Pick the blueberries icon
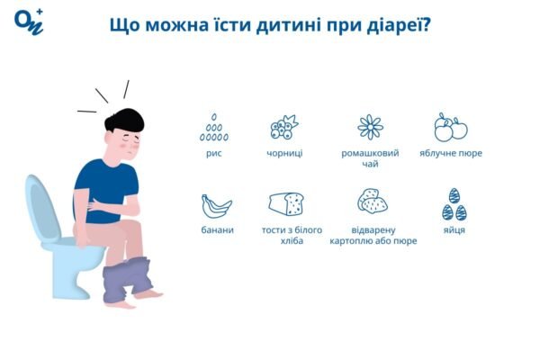tap(284, 128)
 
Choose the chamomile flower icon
tap(370, 127)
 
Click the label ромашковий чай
tap(370, 158)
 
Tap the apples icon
tap(450, 128)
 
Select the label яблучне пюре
tap(450, 153)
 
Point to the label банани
tap(216, 229)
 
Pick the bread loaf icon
tap(285, 204)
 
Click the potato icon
tap(372, 201)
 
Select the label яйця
tap(454, 229)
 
